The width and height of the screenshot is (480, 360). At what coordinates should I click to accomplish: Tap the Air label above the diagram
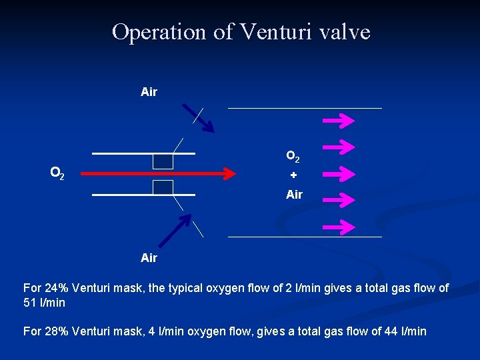click(149, 92)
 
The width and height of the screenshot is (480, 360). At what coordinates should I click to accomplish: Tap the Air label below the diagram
click(149, 258)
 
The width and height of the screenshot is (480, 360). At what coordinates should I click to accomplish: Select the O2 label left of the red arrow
click(57, 174)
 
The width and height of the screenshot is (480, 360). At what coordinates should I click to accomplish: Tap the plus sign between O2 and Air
click(293, 175)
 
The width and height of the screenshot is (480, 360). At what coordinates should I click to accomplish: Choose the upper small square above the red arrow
click(163, 161)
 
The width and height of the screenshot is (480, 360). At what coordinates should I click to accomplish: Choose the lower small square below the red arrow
click(163, 187)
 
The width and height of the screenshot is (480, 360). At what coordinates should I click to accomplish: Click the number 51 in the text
click(30, 303)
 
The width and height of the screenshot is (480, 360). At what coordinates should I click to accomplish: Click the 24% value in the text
click(56, 288)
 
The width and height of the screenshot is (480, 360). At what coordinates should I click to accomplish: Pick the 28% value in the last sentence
click(56, 331)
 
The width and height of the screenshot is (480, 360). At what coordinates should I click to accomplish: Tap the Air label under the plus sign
click(294, 195)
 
